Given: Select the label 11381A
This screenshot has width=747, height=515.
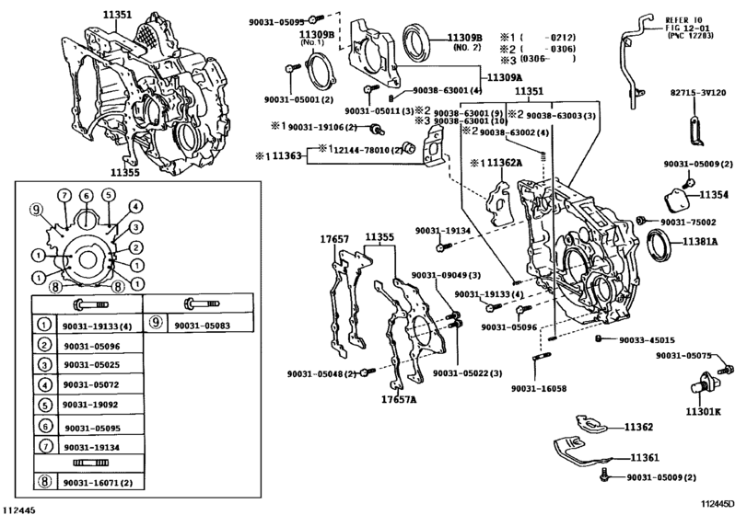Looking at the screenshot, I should click(x=702, y=241).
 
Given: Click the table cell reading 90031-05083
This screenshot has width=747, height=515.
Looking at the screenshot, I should click(x=201, y=324).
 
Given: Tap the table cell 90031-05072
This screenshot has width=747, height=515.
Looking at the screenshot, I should click(x=89, y=384).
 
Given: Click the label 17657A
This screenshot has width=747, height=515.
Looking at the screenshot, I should click(x=400, y=400).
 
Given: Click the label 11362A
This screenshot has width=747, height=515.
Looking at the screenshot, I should click(x=503, y=163).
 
